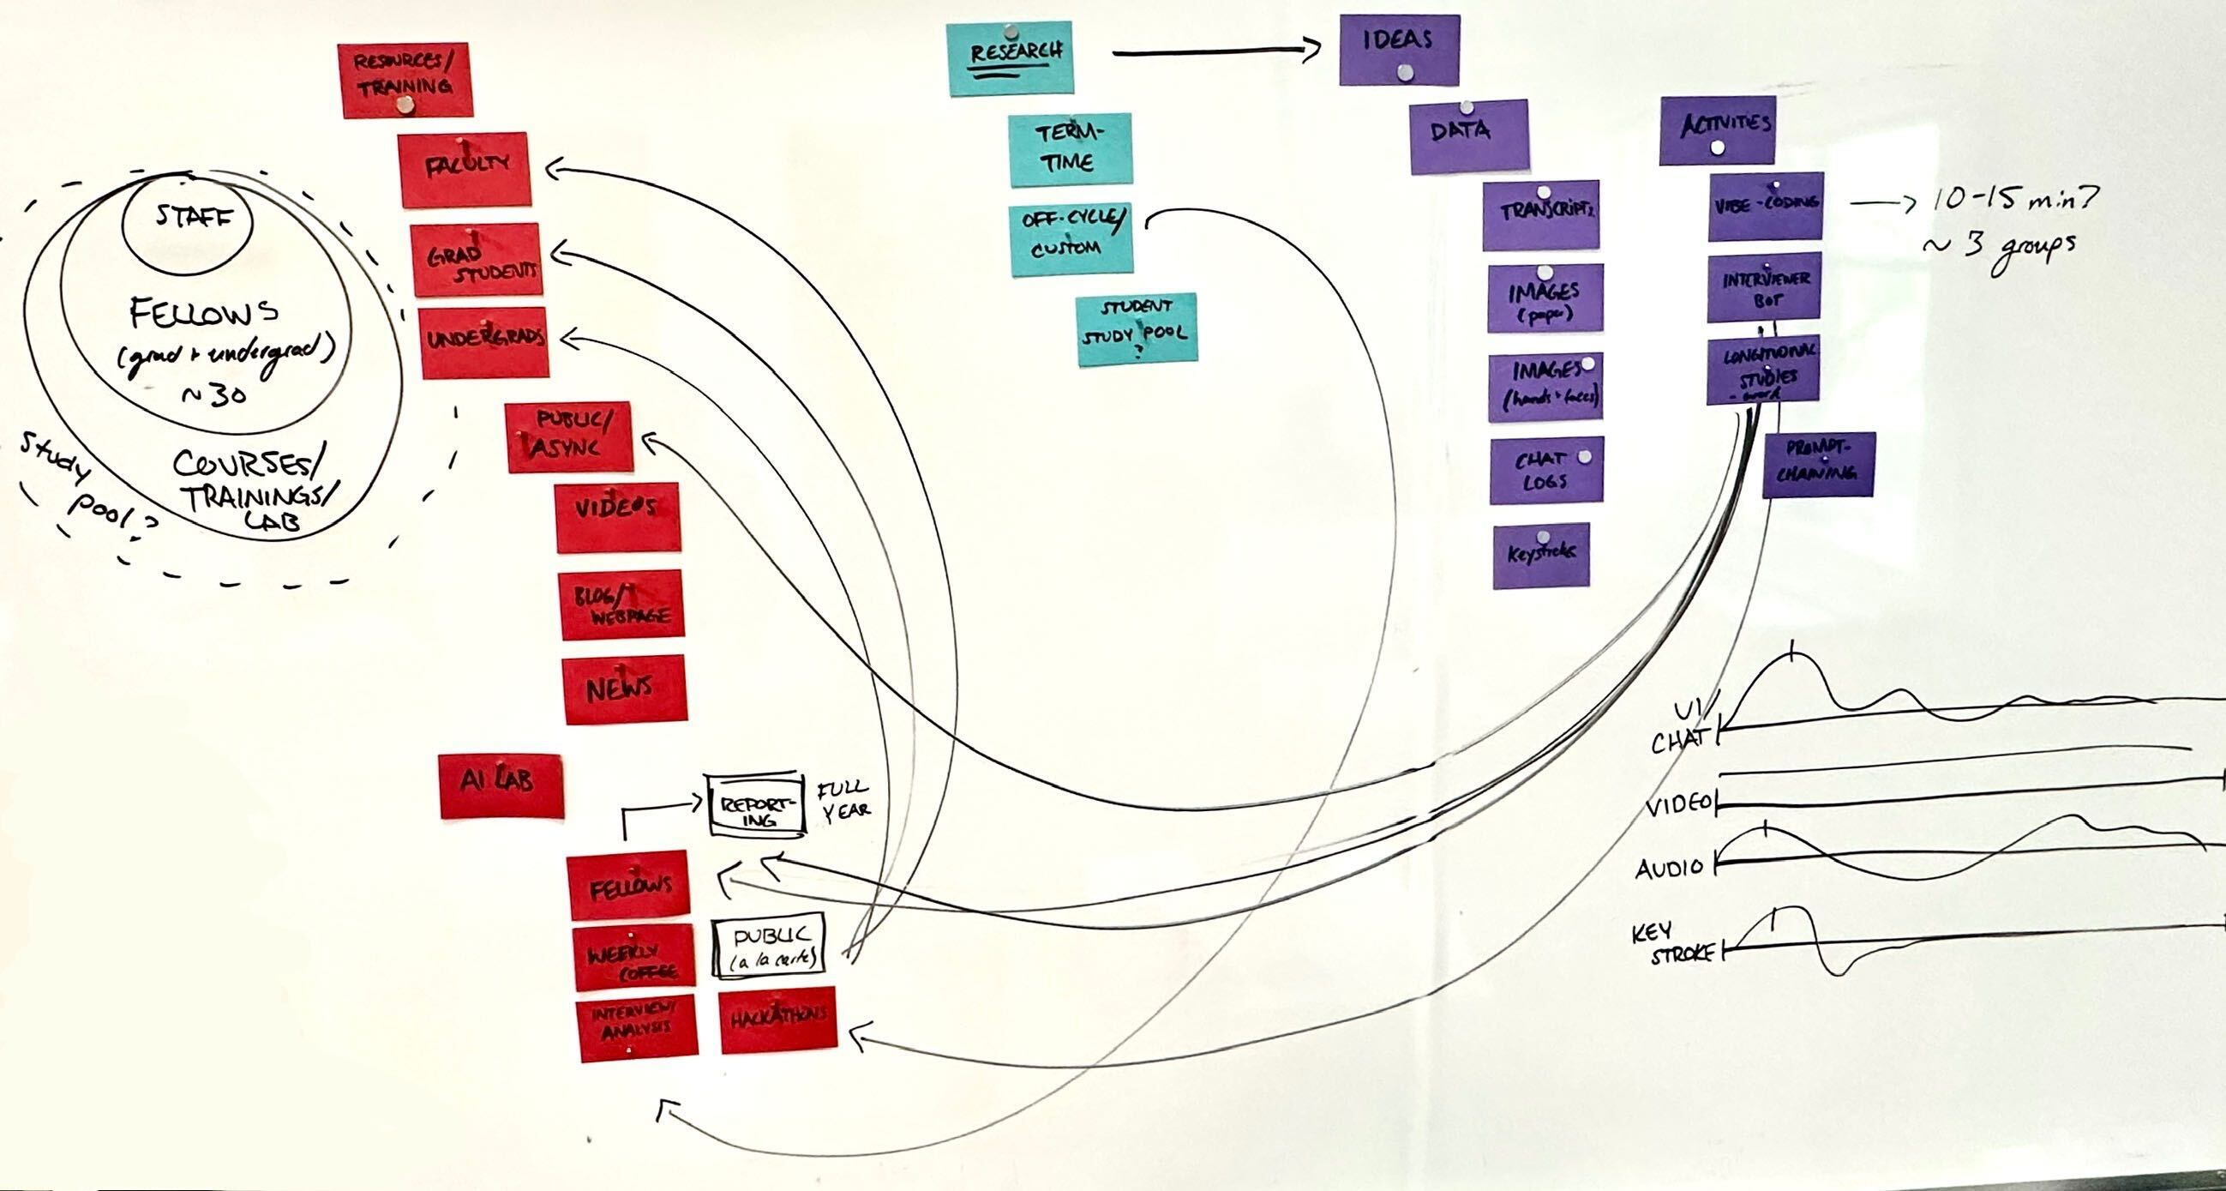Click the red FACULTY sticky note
[464, 170]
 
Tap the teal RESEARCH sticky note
[1011, 58]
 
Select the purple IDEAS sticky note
[1399, 49]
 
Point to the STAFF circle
[189, 220]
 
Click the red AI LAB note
[501, 785]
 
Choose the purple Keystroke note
[1541, 556]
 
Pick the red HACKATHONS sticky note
[777, 1020]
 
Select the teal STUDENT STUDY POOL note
[1137, 329]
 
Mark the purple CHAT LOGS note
[1546, 471]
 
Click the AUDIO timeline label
[1669, 868]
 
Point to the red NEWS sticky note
[625, 688]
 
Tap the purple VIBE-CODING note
[1766, 207]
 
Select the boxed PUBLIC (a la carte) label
[768, 947]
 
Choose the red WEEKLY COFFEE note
[633, 958]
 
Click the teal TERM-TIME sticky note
[1071, 149]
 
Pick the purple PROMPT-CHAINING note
[1818, 464]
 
